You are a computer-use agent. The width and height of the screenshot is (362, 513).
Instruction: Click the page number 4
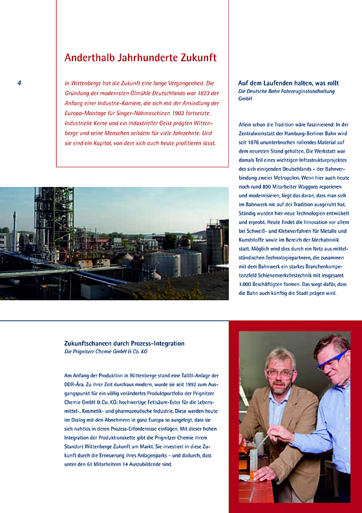pos(19,83)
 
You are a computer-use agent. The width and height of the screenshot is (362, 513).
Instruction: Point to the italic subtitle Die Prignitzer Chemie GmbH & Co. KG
pos(106,352)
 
